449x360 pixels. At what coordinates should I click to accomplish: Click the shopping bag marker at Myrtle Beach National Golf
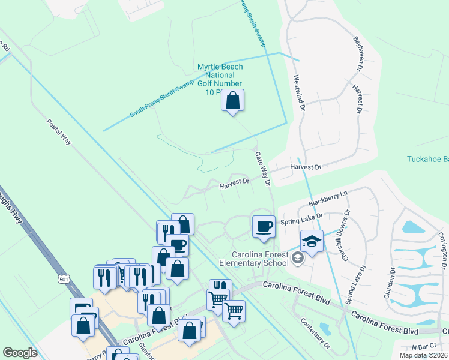point(232,101)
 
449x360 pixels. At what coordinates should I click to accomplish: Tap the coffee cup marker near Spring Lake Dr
point(264,227)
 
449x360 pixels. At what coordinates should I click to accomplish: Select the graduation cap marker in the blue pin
point(312,241)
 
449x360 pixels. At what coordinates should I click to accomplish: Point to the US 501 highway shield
point(64,280)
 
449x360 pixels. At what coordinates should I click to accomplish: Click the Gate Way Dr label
point(263,168)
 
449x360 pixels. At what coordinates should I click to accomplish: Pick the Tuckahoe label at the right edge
point(428,159)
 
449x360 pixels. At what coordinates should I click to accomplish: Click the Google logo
point(20,353)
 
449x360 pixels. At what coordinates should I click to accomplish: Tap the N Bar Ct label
point(423,347)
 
